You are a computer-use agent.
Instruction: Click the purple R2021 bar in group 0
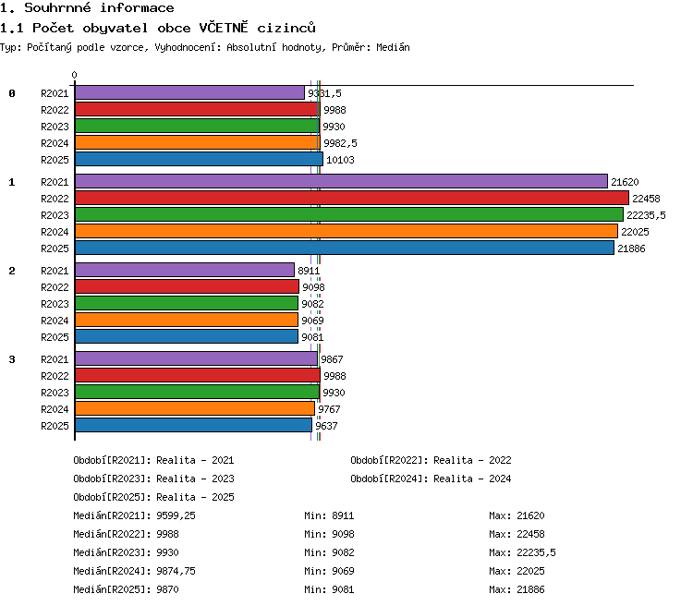tap(189, 92)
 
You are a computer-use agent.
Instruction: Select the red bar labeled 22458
tap(352, 198)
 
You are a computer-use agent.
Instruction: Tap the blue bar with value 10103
tap(199, 159)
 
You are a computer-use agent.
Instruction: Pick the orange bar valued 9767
tap(195, 409)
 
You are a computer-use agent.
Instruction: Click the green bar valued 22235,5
tap(349, 215)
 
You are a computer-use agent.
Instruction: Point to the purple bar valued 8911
tap(185, 270)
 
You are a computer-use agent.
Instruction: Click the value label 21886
tap(631, 248)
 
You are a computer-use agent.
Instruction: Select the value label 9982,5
tap(340, 143)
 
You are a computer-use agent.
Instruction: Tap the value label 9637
tap(326, 426)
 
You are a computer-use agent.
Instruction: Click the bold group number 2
tap(12, 271)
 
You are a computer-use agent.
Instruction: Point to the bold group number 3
tap(12, 359)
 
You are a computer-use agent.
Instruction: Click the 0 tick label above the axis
tap(74, 75)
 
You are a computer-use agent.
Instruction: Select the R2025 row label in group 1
tap(55, 248)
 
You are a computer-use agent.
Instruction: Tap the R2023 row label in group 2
tap(55, 304)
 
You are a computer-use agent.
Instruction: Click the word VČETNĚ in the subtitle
tap(224, 28)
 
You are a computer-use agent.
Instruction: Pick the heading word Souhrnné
tap(57, 7)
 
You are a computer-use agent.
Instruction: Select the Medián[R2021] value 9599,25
tap(176, 515)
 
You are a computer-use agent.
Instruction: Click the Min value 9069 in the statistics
tap(343, 571)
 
